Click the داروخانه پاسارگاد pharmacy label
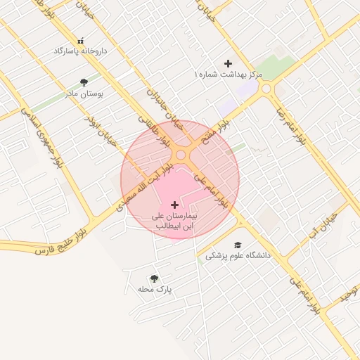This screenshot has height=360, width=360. (x=79, y=51)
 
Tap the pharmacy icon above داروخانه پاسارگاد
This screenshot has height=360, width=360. (x=79, y=41)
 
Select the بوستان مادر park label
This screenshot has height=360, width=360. (x=84, y=93)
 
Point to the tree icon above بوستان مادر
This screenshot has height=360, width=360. (x=84, y=82)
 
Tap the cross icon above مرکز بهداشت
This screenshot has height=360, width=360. (x=228, y=63)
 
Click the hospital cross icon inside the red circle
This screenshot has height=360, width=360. (x=174, y=205)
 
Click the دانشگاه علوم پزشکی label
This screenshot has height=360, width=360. (x=238, y=256)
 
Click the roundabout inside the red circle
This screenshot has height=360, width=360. (x=181, y=155)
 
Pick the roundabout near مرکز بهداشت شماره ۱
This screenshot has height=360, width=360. (x=266, y=89)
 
